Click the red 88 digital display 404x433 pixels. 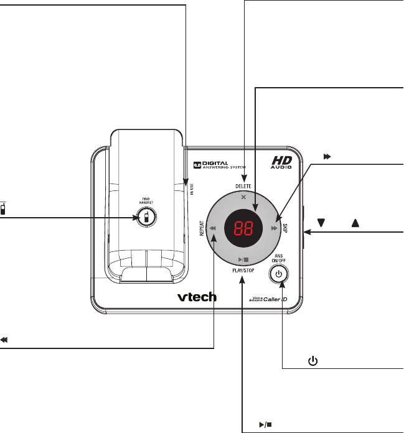coord(243,228)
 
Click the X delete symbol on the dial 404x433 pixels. coord(243,197)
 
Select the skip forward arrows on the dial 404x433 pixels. coord(275,228)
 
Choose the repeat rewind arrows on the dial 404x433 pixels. coord(212,228)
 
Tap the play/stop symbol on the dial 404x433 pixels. coord(243,259)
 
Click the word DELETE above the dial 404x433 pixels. coord(243,186)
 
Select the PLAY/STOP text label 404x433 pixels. coord(243,272)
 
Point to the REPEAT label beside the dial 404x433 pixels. coord(202,228)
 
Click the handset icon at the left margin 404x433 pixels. coord(4,208)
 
